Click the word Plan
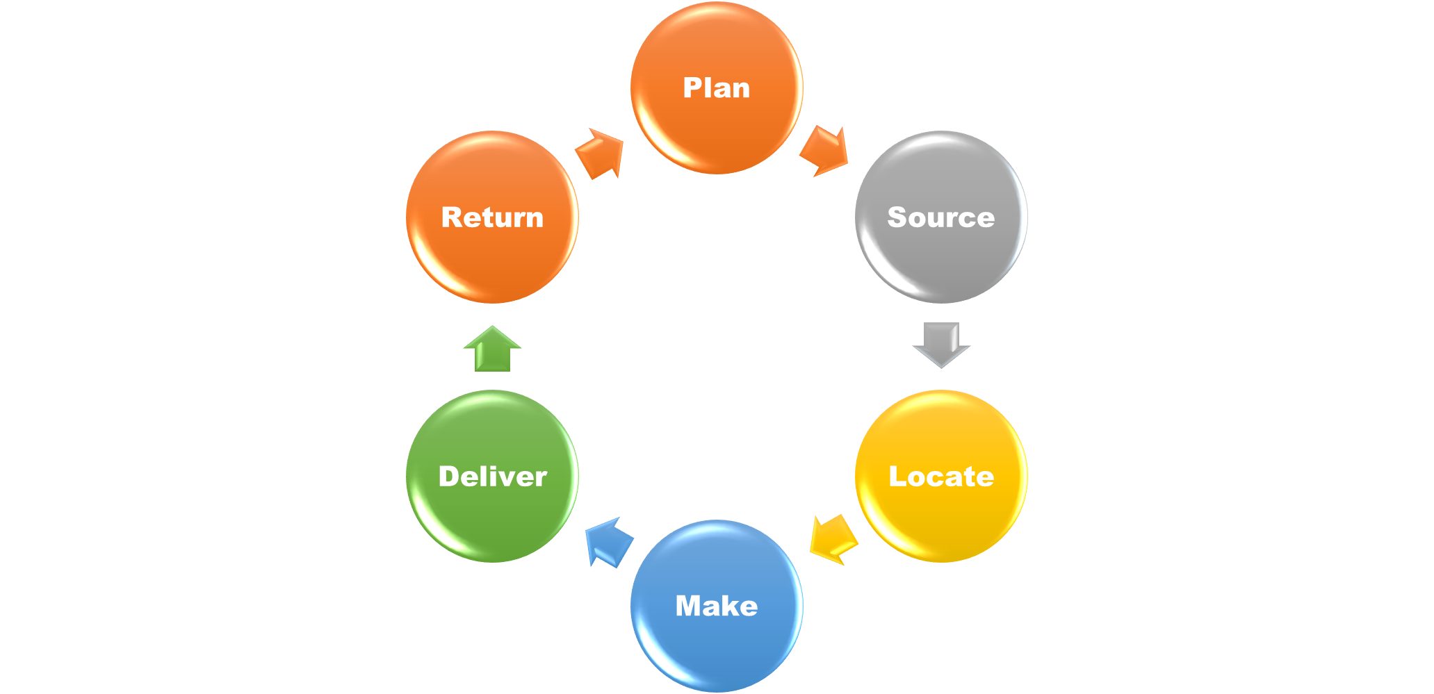pyautogui.click(x=717, y=88)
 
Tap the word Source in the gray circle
pyautogui.click(x=940, y=217)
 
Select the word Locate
pyautogui.click(x=941, y=477)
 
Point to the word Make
pyautogui.click(x=717, y=606)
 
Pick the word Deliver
pyautogui.click(x=493, y=477)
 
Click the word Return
pyautogui.click(x=492, y=217)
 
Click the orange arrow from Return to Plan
pyautogui.click(x=600, y=154)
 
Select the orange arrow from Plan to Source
pyautogui.click(x=825, y=151)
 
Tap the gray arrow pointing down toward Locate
pyautogui.click(x=941, y=344)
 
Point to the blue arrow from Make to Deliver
pyautogui.click(x=609, y=543)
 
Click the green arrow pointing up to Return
pyautogui.click(x=492, y=349)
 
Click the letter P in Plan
pyautogui.click(x=692, y=88)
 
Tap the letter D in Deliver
pyautogui.click(x=451, y=477)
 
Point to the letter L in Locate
pyautogui.click(x=897, y=477)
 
